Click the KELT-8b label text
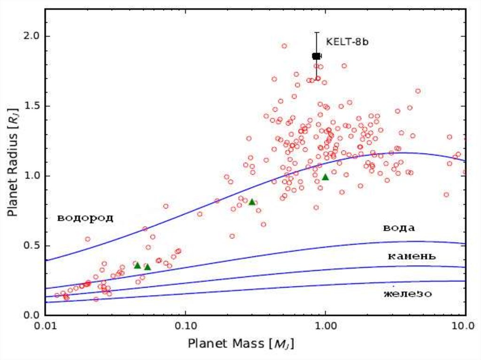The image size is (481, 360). tap(347, 42)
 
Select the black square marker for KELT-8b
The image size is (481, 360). tap(316, 56)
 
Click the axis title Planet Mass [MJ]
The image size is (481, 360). tap(241, 344)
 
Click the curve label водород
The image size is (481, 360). tap(85, 218)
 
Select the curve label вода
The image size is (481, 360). tap(398, 229)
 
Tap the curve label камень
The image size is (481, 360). tap(411, 256)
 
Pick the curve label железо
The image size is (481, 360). tap(407, 294)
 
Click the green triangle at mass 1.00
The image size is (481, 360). tap(325, 177)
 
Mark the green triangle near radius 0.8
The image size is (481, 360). tap(252, 202)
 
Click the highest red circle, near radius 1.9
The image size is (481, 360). tap(284, 46)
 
